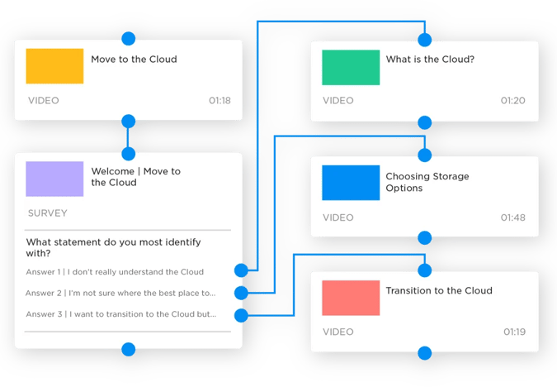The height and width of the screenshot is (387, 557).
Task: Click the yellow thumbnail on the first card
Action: pyautogui.click(x=54, y=66)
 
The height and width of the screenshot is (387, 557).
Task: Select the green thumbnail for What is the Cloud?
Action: pyautogui.click(x=351, y=66)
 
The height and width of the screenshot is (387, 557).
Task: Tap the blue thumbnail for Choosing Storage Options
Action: pyautogui.click(x=351, y=182)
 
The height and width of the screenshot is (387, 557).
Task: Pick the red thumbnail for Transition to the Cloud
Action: pyautogui.click(x=351, y=298)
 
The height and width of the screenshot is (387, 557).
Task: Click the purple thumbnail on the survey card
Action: pyautogui.click(x=54, y=179)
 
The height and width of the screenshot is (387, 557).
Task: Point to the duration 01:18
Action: pyautogui.click(x=219, y=101)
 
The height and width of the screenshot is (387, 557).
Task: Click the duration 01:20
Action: pyautogui.click(x=513, y=101)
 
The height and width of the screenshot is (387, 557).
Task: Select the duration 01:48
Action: pyautogui.click(x=513, y=217)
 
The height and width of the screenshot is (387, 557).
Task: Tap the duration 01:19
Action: pyautogui.click(x=513, y=332)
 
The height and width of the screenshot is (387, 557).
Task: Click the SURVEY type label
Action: pyautogui.click(x=48, y=213)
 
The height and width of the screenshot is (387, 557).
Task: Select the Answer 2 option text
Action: pyautogui.click(x=120, y=293)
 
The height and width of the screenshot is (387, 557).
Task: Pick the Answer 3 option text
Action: pyautogui.click(x=120, y=314)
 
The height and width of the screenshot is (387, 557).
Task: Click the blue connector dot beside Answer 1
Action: pyautogui.click(x=241, y=270)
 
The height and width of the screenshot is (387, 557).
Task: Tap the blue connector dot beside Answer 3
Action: pyautogui.click(x=241, y=314)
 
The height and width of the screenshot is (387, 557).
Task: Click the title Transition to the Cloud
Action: pyautogui.click(x=439, y=291)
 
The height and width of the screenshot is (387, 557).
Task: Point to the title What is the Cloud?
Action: pyautogui.click(x=430, y=60)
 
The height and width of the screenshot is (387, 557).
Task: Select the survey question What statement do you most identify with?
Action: pyautogui.click(x=114, y=248)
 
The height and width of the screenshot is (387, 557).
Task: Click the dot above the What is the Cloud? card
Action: pyautogui.click(x=425, y=39)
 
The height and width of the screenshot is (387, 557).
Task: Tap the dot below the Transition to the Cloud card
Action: pyautogui.click(x=425, y=353)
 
